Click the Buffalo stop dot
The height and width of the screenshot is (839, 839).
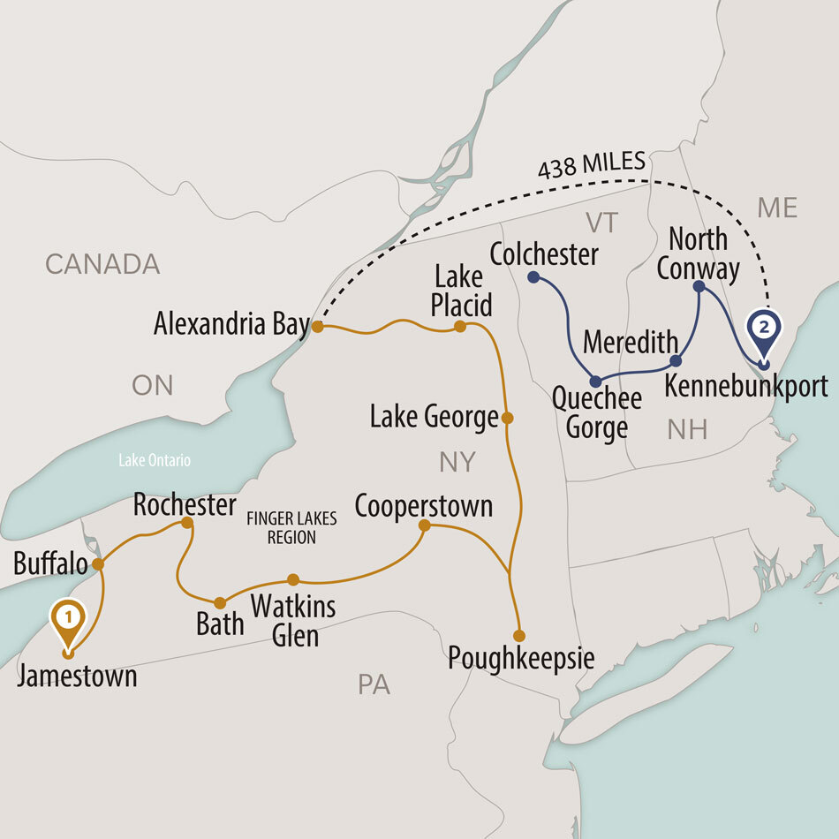pos(98,563)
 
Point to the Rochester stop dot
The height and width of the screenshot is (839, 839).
pos(187,523)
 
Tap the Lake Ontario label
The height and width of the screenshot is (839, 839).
pos(155,460)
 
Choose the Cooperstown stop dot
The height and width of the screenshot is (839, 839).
pos(424,525)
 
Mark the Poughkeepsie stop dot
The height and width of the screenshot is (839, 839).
pos(519,636)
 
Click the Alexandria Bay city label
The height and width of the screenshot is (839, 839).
pos(231,324)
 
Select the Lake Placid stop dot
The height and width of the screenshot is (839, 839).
pos(460,327)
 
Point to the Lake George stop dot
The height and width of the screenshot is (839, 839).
pos(507,417)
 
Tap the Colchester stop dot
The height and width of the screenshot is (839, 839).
pos(533,277)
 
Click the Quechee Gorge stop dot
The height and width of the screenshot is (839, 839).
pos(596,382)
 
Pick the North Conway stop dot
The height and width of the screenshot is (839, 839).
pos(699,286)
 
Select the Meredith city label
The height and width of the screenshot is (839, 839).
pos(631,341)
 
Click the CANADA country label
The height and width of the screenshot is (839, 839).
pos(102,263)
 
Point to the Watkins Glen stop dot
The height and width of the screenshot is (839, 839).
pos(293,580)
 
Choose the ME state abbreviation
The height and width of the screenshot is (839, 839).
pos(778,208)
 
